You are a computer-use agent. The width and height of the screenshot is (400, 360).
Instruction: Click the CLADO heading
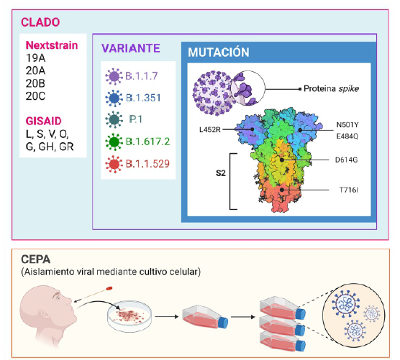[x=40, y=22]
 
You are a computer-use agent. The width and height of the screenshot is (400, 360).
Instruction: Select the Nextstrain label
[x=52, y=45]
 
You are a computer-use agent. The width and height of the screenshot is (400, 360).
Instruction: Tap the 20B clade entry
[x=35, y=83]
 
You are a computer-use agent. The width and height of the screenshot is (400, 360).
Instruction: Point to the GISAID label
[x=44, y=121]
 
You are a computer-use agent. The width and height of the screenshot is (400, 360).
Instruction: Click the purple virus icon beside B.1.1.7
[x=114, y=76]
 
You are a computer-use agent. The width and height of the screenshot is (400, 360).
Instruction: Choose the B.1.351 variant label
[x=143, y=98]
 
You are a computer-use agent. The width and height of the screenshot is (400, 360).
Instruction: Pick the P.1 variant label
[x=136, y=119]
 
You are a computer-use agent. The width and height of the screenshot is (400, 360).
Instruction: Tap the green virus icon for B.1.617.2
[x=114, y=142]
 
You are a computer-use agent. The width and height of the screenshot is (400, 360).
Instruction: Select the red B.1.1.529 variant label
[x=147, y=164]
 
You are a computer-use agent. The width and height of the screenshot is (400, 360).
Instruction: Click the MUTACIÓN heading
[x=219, y=52]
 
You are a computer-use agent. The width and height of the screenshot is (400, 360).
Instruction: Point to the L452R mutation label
[x=209, y=130]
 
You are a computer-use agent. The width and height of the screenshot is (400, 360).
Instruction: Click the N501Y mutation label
[x=347, y=125]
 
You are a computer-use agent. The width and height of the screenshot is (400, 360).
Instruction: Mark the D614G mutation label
[x=347, y=160]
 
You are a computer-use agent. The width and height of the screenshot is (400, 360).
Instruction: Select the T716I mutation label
[x=349, y=190]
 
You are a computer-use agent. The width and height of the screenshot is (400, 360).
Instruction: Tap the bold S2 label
[x=221, y=173]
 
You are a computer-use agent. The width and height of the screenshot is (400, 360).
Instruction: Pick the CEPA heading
[x=36, y=259]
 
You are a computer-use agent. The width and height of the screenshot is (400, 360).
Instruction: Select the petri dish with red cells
[x=129, y=317]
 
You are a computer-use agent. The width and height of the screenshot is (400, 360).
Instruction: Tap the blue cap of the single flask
[x=223, y=323]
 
